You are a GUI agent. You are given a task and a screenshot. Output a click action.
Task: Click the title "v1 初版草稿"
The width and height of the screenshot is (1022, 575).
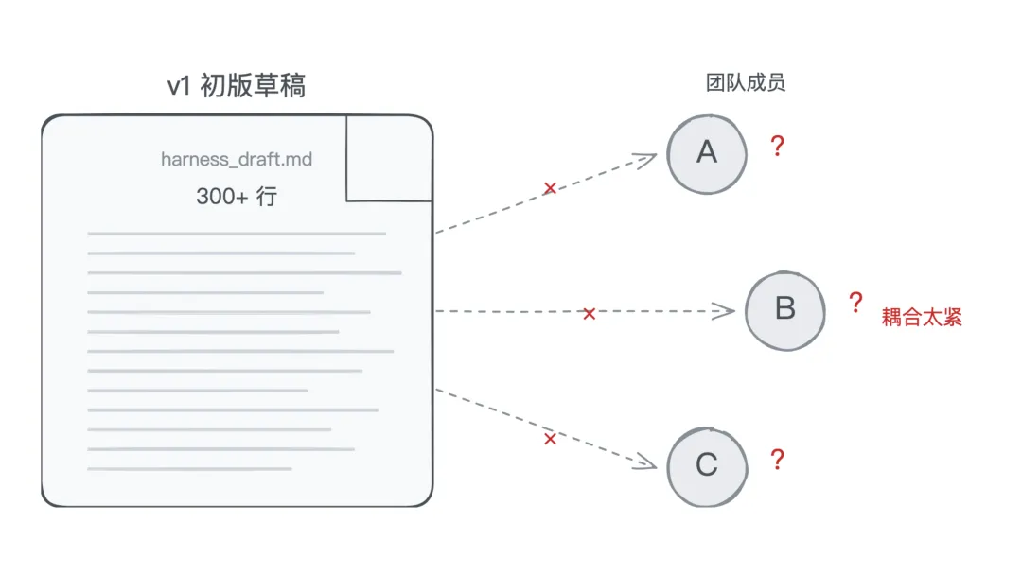[x=237, y=86]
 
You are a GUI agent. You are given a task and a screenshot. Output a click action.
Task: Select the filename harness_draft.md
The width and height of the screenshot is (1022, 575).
[x=237, y=159]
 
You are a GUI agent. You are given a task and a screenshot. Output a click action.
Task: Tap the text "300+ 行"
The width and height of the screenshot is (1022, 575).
[x=237, y=196]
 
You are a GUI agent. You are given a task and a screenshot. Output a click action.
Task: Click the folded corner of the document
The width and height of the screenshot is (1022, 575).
[x=388, y=158]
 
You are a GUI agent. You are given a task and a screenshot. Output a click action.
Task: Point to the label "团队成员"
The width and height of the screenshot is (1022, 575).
[x=746, y=83]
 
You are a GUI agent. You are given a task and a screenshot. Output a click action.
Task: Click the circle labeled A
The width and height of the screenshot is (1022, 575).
[x=706, y=153]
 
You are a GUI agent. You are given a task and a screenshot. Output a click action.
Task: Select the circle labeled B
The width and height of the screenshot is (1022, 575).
[x=784, y=309]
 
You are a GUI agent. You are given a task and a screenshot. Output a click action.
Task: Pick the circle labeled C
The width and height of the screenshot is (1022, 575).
[x=706, y=465]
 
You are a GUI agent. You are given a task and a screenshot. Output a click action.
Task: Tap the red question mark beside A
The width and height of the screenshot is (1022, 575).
[x=777, y=147]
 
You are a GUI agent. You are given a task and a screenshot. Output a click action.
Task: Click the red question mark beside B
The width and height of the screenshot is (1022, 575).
[x=855, y=303]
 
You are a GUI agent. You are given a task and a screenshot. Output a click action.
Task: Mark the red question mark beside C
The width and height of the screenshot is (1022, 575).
[x=777, y=460]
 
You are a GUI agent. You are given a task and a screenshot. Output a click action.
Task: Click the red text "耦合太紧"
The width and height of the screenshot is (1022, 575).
[x=922, y=318]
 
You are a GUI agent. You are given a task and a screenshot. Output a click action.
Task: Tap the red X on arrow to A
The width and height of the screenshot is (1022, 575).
[x=550, y=188]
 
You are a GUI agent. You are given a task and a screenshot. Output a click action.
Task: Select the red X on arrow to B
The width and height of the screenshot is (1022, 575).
[x=589, y=313]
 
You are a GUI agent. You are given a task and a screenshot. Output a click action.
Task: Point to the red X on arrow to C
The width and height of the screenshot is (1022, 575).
[x=550, y=439]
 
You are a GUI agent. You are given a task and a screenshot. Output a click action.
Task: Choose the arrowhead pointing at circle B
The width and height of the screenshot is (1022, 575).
[x=727, y=310]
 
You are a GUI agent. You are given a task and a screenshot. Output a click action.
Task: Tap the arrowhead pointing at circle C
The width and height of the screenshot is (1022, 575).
[x=648, y=462]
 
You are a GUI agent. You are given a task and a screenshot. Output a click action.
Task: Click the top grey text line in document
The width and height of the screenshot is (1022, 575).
[x=237, y=233]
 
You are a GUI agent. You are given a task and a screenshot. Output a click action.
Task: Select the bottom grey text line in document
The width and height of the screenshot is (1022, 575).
[x=189, y=468]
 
